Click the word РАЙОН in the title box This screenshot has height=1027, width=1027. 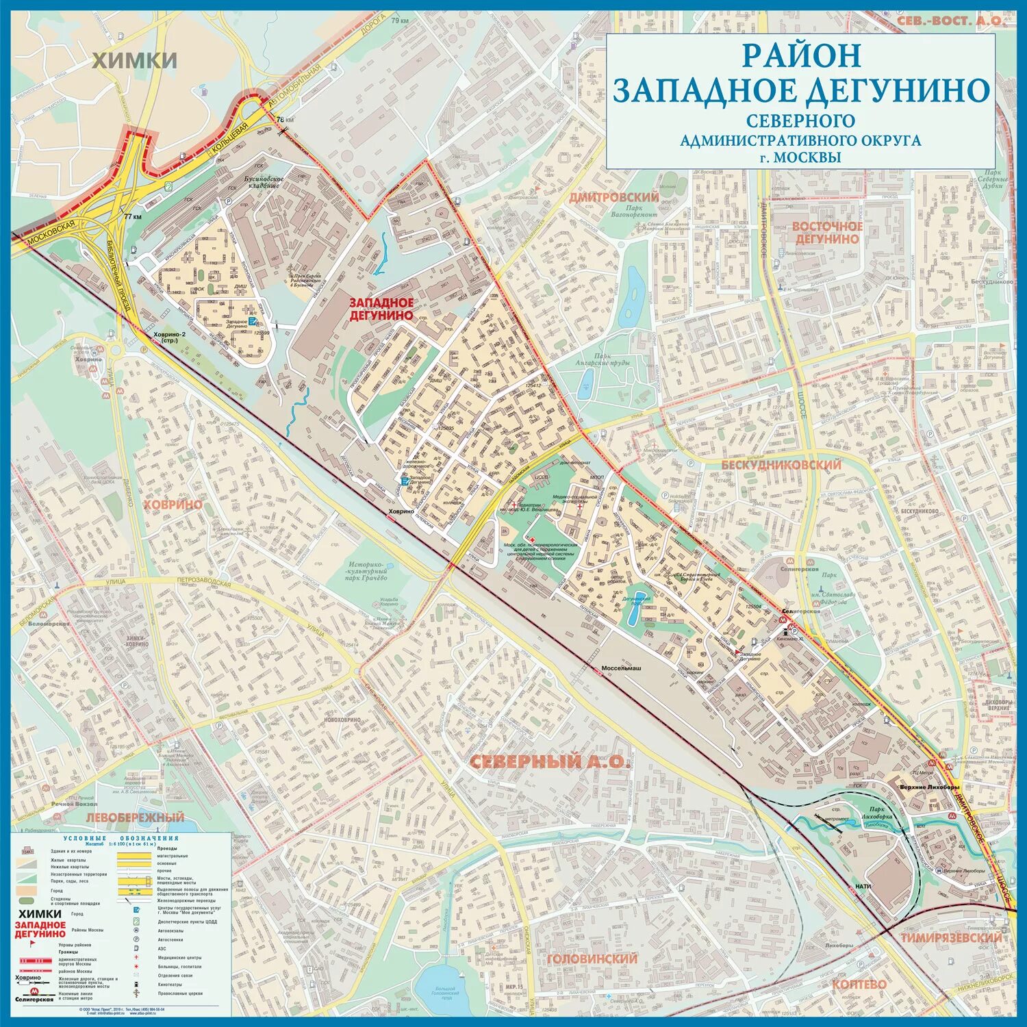(x=801, y=55)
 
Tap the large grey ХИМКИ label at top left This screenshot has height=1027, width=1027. (x=135, y=60)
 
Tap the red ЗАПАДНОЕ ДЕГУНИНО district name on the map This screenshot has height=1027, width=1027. (x=381, y=309)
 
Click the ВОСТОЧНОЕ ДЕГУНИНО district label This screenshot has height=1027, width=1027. (x=827, y=232)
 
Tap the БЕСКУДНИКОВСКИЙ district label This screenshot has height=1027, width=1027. (x=781, y=465)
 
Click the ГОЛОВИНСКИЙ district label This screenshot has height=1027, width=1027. (x=592, y=959)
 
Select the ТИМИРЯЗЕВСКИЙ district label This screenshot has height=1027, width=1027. (x=951, y=937)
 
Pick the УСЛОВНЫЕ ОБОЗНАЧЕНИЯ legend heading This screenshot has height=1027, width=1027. (x=121, y=838)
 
